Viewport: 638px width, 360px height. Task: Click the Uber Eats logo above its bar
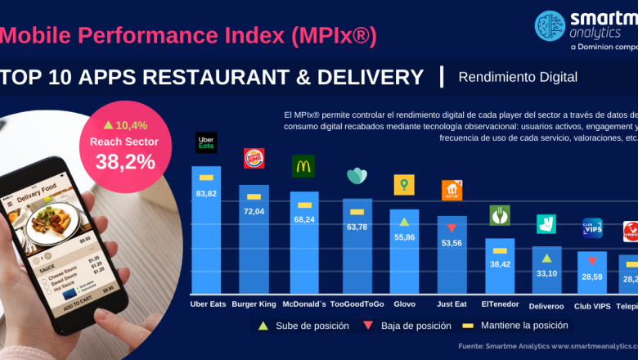[x=206, y=143]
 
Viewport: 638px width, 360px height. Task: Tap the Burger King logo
[x=254, y=158]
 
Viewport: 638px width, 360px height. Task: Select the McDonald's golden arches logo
[x=303, y=166]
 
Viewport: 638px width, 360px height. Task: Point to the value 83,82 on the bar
[x=206, y=193]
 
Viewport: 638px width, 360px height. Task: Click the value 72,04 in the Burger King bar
[x=254, y=211]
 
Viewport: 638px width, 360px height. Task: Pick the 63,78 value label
[x=357, y=227]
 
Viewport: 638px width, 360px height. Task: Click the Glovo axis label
[x=404, y=304]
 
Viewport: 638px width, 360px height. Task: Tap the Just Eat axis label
[x=452, y=304]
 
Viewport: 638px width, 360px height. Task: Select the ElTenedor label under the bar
[x=499, y=304]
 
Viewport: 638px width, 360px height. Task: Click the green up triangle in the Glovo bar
[x=404, y=221]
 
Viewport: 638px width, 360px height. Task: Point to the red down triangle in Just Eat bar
[x=452, y=227]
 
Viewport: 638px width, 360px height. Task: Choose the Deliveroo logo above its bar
[x=546, y=223]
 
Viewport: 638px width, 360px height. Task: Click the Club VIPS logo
[x=592, y=227]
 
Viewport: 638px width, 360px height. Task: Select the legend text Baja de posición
[x=416, y=326]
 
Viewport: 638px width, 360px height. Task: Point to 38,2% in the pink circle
[x=125, y=162]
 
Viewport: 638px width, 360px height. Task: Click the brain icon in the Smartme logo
[x=550, y=25]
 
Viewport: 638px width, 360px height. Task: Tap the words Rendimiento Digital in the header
[x=518, y=78]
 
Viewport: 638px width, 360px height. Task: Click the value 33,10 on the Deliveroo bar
[x=546, y=273]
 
